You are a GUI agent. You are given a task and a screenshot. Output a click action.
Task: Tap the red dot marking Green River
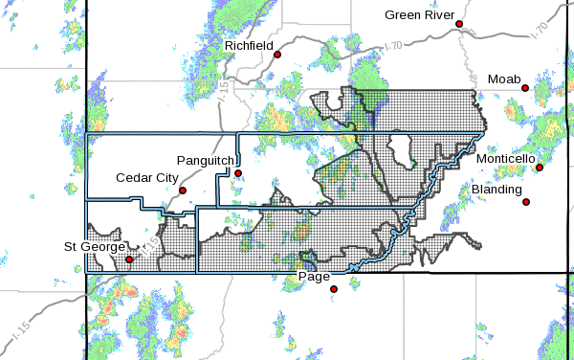click(459, 24)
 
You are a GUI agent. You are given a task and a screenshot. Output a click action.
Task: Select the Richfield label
click(250, 45)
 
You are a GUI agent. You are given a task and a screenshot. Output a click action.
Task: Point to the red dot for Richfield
click(277, 55)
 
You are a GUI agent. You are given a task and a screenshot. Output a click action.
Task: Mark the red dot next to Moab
click(525, 88)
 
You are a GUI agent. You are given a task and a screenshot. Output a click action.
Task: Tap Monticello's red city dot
click(540, 169)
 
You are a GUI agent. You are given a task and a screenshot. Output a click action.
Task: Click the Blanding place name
click(497, 191)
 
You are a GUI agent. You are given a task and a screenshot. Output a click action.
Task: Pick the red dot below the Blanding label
click(526, 201)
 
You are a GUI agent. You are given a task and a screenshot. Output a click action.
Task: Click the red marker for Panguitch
click(239, 173)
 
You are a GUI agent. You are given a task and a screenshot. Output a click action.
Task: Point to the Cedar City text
click(146, 177)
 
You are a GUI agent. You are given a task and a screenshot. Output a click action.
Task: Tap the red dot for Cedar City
click(183, 190)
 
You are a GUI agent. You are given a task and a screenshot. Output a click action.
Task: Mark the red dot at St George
click(129, 259)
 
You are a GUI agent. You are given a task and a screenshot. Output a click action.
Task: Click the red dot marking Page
click(333, 288)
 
